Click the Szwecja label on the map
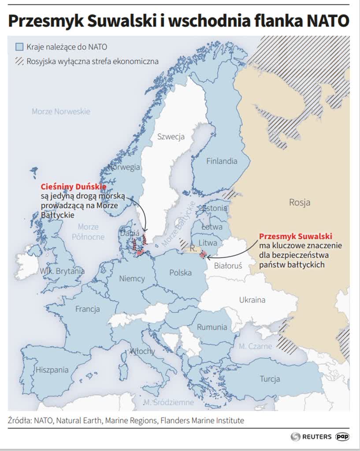click(171, 137)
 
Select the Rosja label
click(300, 203)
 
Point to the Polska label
click(181, 273)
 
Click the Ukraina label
click(252, 300)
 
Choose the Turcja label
click(270, 379)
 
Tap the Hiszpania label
click(52, 370)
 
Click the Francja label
click(87, 309)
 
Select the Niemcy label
click(132, 279)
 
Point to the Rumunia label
click(212, 327)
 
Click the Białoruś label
click(228, 266)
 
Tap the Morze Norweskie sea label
click(61, 111)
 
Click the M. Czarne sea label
click(256, 346)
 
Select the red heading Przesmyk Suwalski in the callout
click(295, 236)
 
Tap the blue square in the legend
click(19, 47)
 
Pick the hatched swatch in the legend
click(19, 62)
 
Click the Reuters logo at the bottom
click(311, 436)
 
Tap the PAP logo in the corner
click(342, 436)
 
